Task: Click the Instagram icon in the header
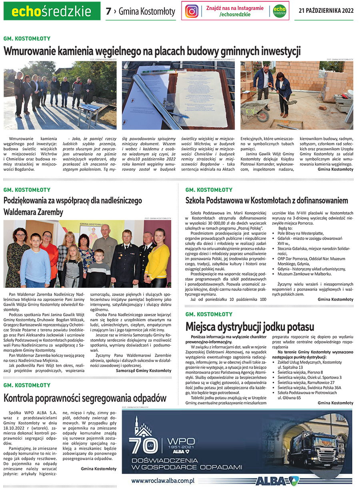192,11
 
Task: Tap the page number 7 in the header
108,12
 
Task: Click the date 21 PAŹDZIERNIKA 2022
326,11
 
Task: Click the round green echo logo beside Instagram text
277,11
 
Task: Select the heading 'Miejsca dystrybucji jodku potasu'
250,327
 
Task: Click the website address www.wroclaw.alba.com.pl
163,481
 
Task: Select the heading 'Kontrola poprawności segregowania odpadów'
85,398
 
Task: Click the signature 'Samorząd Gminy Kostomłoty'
143,371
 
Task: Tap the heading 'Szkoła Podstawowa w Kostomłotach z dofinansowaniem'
267,200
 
